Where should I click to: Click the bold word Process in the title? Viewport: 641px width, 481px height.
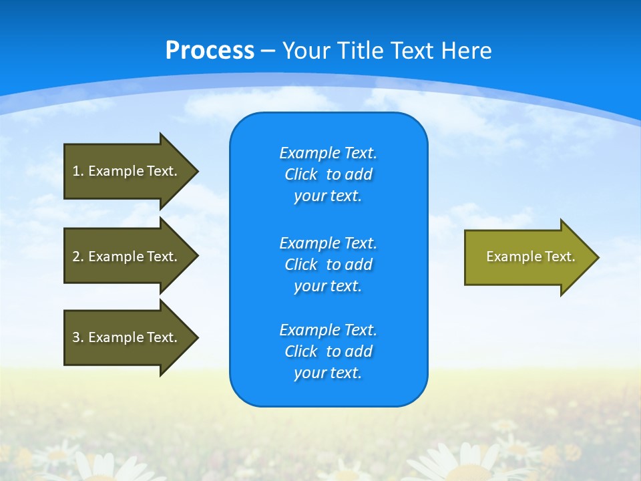click(210, 51)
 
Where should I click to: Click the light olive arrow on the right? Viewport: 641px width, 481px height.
click(527, 257)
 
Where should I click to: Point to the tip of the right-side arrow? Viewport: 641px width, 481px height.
click(596, 257)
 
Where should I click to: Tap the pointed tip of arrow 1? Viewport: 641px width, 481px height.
click(196, 171)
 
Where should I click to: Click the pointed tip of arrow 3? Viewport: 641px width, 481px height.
click(196, 337)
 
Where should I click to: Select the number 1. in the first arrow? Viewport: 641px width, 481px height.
click(77, 171)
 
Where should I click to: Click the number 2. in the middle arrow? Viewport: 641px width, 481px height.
click(77, 257)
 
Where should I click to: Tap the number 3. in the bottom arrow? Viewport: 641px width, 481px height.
click(77, 337)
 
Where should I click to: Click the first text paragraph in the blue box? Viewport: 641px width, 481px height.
click(328, 174)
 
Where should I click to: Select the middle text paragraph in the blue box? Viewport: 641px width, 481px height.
click(328, 265)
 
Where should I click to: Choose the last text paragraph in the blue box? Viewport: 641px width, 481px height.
click(328, 351)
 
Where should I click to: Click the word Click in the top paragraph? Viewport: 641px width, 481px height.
click(300, 174)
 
